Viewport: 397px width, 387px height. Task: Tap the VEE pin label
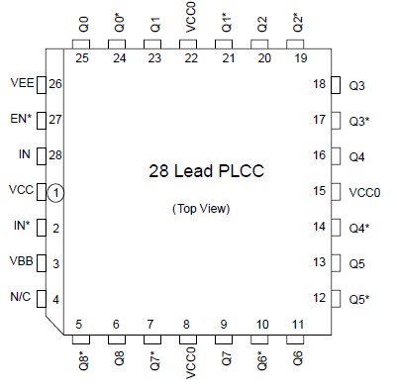(21, 84)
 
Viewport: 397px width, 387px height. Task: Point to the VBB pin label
(21, 263)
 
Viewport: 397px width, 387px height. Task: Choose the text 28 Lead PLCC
(200, 170)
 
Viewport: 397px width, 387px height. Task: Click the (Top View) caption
(200, 208)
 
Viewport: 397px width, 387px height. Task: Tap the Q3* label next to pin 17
(359, 121)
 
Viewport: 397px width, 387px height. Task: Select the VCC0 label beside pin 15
(362, 192)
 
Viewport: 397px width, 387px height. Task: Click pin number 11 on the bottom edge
(298, 325)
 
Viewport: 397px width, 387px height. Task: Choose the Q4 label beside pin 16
(356, 156)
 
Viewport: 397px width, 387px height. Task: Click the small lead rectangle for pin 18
(336, 85)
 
